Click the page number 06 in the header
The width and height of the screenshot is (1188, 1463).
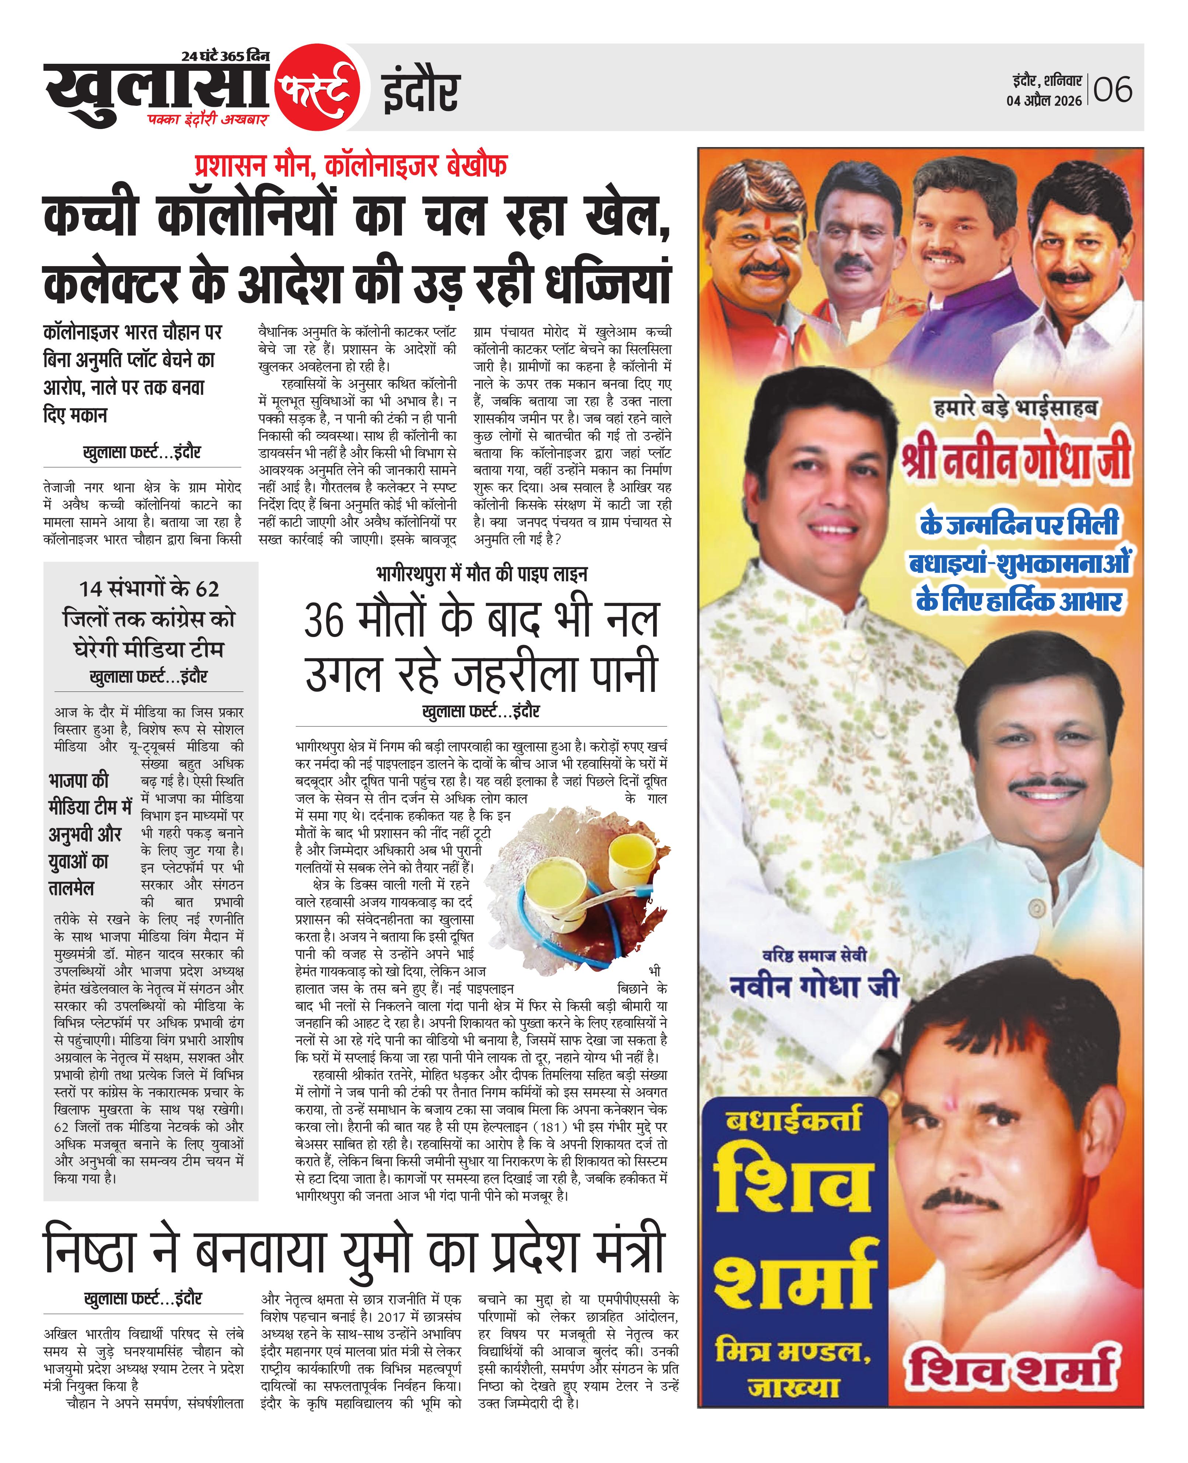click(1113, 90)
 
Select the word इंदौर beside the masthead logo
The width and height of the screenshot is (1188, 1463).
click(420, 91)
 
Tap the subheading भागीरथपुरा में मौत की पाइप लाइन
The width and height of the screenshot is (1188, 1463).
click(481, 574)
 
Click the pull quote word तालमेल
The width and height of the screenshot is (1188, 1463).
click(71, 889)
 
